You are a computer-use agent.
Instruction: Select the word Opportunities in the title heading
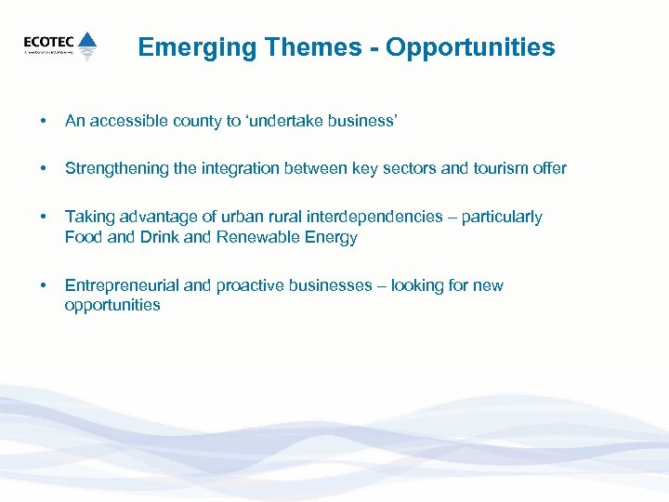point(471,47)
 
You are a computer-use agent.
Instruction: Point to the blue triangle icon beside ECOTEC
point(87,43)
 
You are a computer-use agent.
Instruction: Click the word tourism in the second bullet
point(497,168)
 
